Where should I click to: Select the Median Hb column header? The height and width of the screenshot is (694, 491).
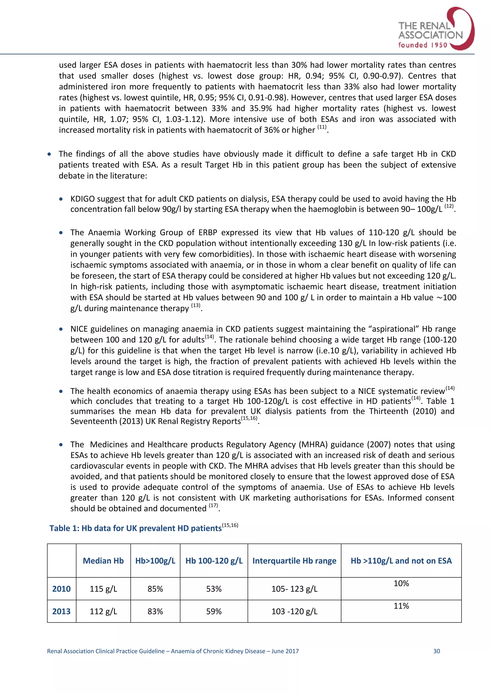click(x=103, y=561)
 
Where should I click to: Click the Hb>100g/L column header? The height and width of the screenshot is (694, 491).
click(x=155, y=561)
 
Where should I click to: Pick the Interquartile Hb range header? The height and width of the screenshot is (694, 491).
click(x=294, y=561)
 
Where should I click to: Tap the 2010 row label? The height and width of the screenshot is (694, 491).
click(x=61, y=589)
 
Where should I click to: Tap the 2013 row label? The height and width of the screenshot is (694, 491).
click(x=61, y=611)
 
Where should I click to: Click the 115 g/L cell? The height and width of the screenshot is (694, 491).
click(x=103, y=589)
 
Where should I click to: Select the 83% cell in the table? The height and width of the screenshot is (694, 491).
click(x=155, y=611)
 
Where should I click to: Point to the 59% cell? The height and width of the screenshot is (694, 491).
click(x=214, y=611)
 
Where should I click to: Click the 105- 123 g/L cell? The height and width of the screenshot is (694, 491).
click(x=294, y=589)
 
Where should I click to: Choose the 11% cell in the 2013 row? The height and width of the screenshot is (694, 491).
click(x=401, y=606)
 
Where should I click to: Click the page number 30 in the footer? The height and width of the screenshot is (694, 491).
click(x=436, y=651)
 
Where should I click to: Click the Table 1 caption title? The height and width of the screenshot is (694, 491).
click(x=135, y=528)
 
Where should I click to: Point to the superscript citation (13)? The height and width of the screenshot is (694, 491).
click(x=196, y=306)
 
